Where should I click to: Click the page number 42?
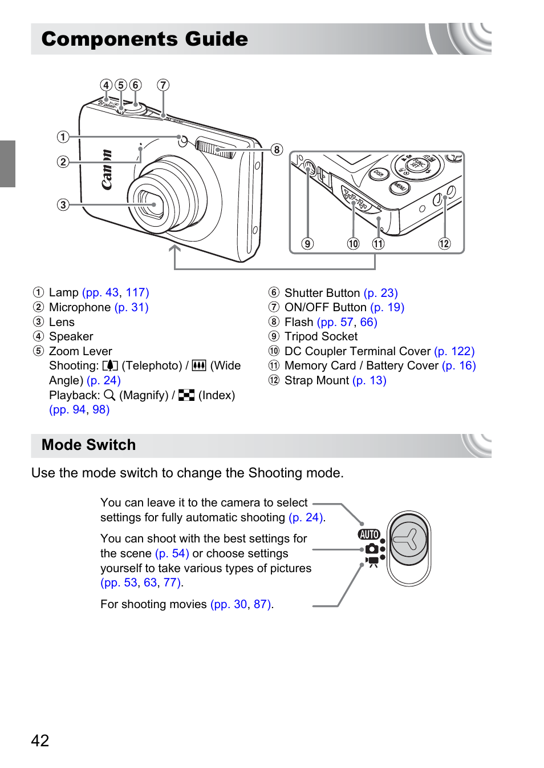(40, 741)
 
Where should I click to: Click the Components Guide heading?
(145, 39)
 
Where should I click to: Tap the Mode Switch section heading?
(89, 445)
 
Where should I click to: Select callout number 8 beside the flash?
(277, 150)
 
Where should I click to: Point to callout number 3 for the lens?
(63, 204)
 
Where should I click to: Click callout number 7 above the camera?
(163, 85)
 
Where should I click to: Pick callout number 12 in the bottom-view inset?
(444, 244)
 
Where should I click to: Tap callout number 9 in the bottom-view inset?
(307, 244)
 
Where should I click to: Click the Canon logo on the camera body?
(107, 170)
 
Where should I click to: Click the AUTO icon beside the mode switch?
(369, 534)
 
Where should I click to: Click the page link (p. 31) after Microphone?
(131, 307)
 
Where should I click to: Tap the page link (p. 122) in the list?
(454, 351)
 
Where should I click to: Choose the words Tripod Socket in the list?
(321, 336)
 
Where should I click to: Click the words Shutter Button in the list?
(322, 293)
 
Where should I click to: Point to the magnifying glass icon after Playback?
(109, 395)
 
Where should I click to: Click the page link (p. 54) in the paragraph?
(172, 553)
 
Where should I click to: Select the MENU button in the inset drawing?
(399, 187)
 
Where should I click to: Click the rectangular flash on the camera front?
(215, 148)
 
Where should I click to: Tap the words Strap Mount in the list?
(316, 380)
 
